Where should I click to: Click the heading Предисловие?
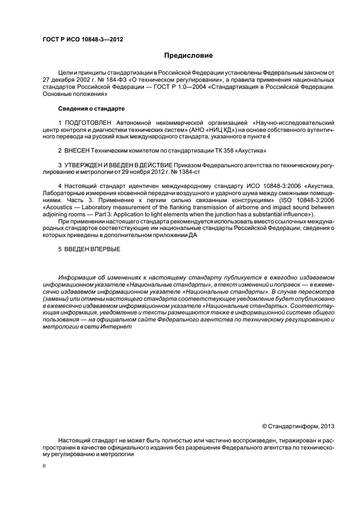coord(188,56)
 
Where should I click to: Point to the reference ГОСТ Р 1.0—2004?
coord(194,87)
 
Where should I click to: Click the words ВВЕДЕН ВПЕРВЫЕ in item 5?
coord(92,248)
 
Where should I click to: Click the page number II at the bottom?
coord(45,466)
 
